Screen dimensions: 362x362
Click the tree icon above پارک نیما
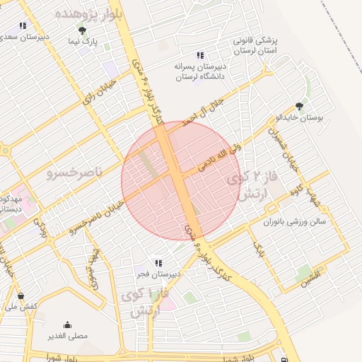[82, 30]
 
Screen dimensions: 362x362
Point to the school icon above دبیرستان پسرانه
[200, 54]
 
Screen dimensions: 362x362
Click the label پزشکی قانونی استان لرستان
[253, 46]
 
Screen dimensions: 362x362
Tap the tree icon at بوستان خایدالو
[299, 106]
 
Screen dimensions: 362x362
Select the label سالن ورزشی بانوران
[295, 222]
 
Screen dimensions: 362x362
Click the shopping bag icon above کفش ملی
[21, 296]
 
